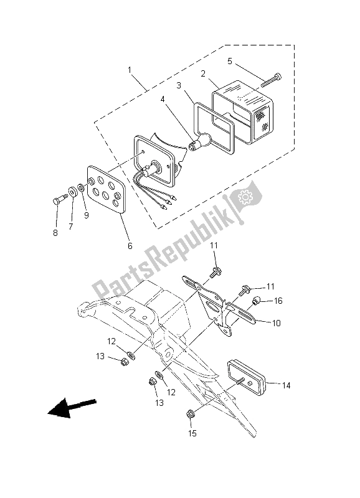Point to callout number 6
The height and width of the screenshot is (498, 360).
[130, 246]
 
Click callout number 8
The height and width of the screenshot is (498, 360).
[55, 233]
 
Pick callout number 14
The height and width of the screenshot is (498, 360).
[286, 385]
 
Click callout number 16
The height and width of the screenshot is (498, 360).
[278, 301]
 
